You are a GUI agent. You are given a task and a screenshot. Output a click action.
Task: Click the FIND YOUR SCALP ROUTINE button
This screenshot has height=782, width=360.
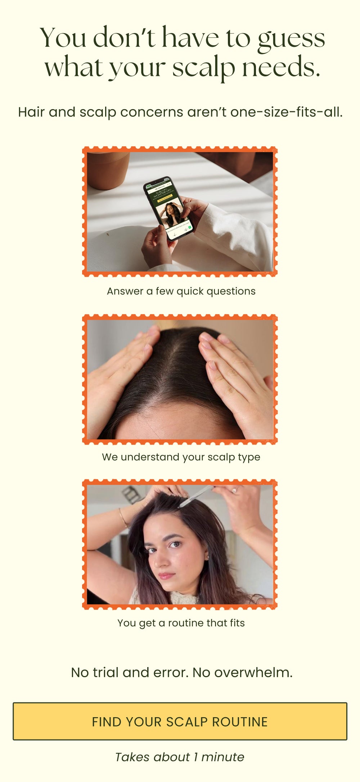click(180, 721)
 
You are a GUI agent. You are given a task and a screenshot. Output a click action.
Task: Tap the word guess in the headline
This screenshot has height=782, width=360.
click(291, 39)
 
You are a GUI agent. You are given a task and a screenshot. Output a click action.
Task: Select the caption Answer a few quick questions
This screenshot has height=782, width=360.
click(181, 291)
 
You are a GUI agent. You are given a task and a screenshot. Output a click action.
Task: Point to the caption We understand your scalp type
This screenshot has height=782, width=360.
click(181, 457)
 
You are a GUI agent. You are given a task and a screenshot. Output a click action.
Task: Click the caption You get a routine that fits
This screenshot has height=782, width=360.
click(181, 623)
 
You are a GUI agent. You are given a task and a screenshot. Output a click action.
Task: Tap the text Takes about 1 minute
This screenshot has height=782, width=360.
click(180, 757)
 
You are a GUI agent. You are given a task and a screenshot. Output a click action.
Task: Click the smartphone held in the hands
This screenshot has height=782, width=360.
click(169, 209)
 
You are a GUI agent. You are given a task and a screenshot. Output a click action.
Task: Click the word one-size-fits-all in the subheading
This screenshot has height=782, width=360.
click(287, 112)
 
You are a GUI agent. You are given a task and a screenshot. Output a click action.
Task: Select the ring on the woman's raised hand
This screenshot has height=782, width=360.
click(235, 490)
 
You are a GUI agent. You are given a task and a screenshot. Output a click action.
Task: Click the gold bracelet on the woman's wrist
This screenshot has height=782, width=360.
click(123, 518)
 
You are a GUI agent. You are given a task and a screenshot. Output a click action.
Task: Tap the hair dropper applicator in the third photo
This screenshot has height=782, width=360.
click(196, 496)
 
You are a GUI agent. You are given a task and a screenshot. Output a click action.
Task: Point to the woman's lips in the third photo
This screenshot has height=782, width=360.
click(166, 576)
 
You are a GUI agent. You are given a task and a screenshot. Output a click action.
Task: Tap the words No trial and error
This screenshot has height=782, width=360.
click(130, 672)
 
